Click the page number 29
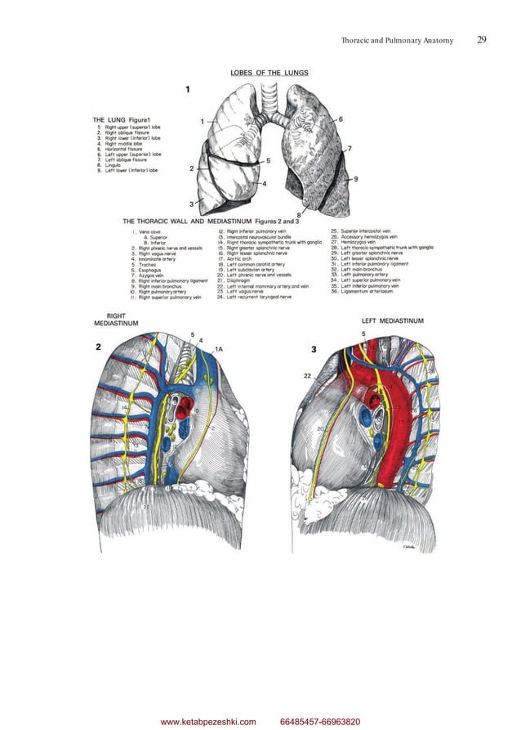click(482, 39)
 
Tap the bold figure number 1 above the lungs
click(189, 88)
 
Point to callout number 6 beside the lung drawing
click(340, 119)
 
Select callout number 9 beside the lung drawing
click(356, 177)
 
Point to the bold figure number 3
click(314, 350)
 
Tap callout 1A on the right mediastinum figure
click(217, 349)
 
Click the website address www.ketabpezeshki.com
click(208, 721)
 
